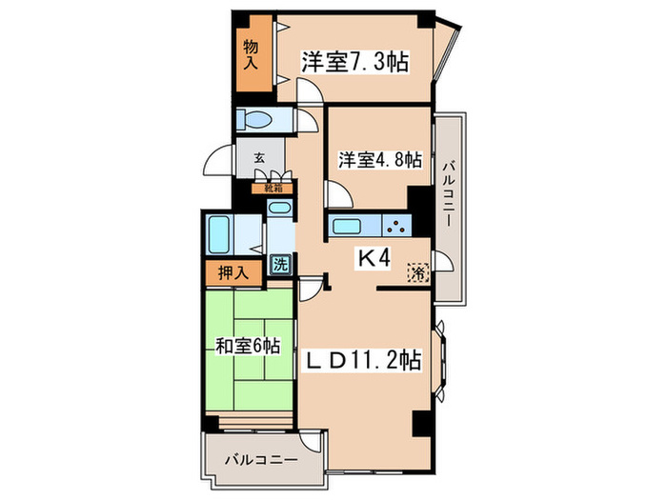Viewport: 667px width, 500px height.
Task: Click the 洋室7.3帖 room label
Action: [x=355, y=62]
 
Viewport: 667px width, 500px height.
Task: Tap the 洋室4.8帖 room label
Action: [x=379, y=160]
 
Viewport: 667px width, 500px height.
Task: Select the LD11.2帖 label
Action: [x=363, y=362]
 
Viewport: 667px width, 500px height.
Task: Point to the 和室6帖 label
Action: [x=246, y=347]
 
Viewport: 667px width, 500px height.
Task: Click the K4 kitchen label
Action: [x=374, y=257]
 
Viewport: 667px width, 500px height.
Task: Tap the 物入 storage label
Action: [x=252, y=54]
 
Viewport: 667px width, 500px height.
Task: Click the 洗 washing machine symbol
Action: [x=280, y=265]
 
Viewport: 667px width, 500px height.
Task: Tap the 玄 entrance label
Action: [x=258, y=159]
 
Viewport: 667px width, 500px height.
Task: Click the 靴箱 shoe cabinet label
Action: [x=273, y=188]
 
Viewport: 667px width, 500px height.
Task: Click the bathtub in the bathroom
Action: [x=219, y=231]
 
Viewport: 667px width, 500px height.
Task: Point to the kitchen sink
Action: [x=346, y=228]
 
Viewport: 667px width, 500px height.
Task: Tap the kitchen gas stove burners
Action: [x=396, y=228]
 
